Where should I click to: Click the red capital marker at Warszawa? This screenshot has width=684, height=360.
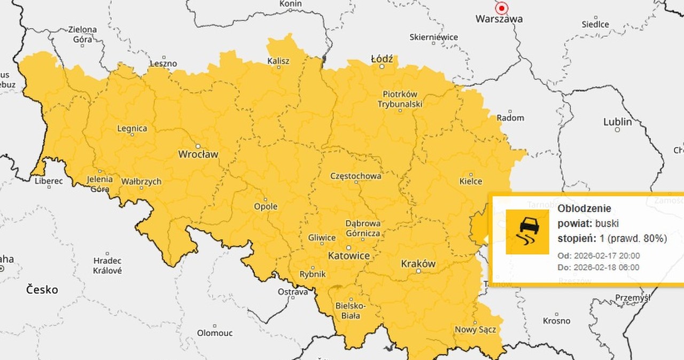point(501,8)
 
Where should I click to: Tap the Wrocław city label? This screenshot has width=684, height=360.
point(198,155)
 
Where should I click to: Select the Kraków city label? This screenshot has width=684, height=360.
point(418,264)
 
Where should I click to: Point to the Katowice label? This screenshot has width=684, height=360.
point(348,256)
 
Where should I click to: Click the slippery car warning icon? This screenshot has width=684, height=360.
point(527,231)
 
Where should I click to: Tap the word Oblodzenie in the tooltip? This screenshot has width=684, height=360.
point(584,209)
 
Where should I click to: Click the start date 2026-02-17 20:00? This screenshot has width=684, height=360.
point(606,255)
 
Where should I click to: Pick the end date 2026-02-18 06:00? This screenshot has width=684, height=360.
point(606,267)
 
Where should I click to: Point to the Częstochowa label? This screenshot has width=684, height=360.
point(356,176)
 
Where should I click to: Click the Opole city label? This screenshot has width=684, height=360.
point(266,207)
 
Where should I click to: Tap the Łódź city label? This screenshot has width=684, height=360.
point(382,59)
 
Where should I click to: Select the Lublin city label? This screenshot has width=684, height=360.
point(617,122)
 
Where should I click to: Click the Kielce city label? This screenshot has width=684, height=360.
point(471,182)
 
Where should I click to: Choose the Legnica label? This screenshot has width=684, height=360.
point(132,129)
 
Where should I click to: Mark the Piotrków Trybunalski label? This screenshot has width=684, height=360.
point(400,99)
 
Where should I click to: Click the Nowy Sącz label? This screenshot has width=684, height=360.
point(475,330)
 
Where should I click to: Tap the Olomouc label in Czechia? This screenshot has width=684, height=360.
point(215,333)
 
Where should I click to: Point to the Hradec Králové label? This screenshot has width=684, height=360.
point(107,265)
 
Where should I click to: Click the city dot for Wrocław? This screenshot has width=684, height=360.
point(198,146)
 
